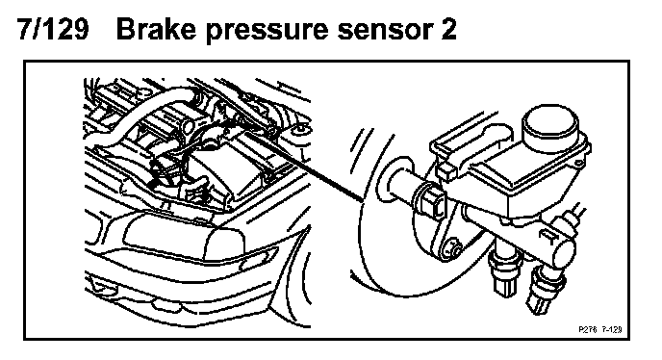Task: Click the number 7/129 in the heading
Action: click(x=53, y=29)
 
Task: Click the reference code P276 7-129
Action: click(x=600, y=329)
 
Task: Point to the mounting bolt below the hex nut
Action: click(x=450, y=248)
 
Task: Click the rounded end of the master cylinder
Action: click(x=565, y=253)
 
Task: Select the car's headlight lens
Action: click(x=184, y=237)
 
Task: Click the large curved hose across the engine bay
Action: click(x=140, y=115)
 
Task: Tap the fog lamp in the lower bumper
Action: click(x=100, y=287)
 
